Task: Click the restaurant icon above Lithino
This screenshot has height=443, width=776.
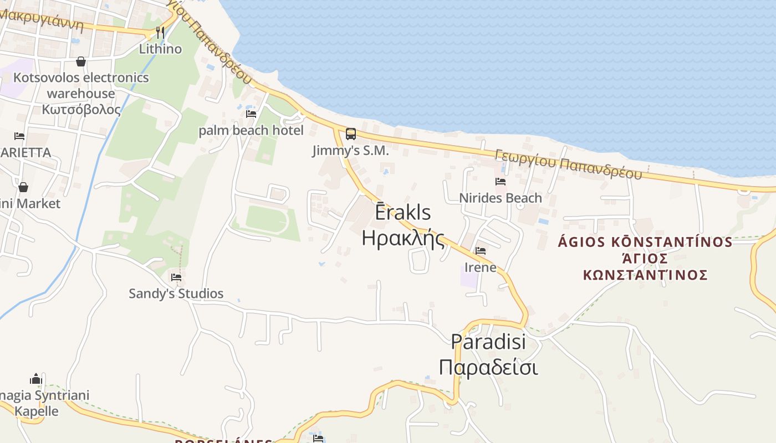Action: pos(160,32)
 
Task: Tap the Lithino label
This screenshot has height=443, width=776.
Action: pos(160,49)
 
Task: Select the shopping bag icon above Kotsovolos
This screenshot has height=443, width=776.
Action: pos(81,61)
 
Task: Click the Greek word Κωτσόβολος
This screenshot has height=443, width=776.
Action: pos(81,109)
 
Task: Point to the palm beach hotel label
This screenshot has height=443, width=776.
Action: pos(251,131)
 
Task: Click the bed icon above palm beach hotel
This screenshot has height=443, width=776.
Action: pos(251,114)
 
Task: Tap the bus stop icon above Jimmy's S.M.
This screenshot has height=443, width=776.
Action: pos(351,133)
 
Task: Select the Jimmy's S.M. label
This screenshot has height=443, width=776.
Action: pos(350,150)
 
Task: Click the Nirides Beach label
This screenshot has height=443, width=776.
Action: pos(501,198)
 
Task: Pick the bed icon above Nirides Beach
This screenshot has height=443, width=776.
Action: pos(501,181)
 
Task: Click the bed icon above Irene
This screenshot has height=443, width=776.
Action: pos(481,251)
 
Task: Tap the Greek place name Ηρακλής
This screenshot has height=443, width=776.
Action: pos(404,238)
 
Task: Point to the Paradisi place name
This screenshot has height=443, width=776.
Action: pos(488,341)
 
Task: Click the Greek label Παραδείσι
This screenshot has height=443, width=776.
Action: pos(488,367)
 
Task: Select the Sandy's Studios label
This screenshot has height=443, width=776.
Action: pos(176,293)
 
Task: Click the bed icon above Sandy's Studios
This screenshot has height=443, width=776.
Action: pos(176,277)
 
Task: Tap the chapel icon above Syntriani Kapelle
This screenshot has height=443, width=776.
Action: pos(36,379)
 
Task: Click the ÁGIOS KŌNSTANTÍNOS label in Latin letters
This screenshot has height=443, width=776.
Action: pos(645,242)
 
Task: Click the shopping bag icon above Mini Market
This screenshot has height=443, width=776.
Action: pos(23,187)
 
